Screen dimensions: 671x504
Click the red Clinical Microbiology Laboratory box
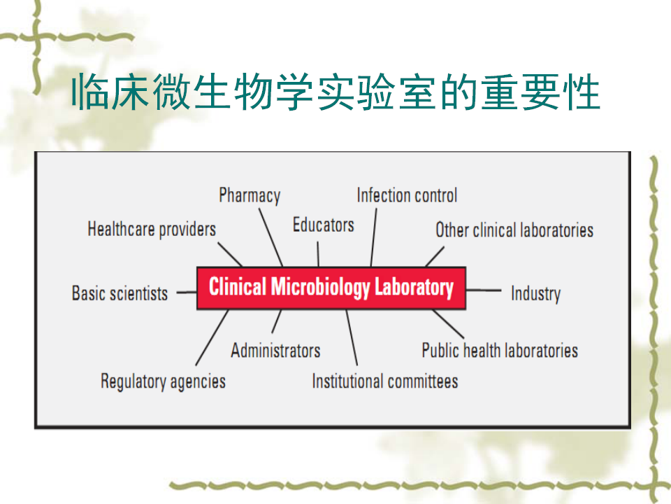coord(331,288)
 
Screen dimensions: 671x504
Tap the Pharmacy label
coord(250,195)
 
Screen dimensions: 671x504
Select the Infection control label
coord(407,195)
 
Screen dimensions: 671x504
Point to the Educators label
coord(324,225)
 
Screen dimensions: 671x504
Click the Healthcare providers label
coord(152,230)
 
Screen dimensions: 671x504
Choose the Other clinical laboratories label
coord(514,230)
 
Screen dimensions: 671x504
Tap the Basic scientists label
coord(120,293)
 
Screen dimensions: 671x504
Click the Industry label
coord(536,294)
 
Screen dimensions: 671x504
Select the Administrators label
coord(275,351)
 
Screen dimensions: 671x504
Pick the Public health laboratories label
coord(500,350)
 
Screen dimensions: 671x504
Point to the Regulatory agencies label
coord(163,381)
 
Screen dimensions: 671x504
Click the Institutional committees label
coord(385,381)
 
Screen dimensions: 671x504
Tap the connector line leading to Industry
coord(484,290)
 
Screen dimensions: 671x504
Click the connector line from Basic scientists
coord(187,293)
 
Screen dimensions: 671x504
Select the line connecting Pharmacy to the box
coord(271,237)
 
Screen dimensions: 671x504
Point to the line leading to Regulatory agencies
coord(212,337)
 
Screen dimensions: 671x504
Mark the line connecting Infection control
coord(373,238)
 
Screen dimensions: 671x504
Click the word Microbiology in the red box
coord(321,287)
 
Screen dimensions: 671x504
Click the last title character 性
coord(582,92)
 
